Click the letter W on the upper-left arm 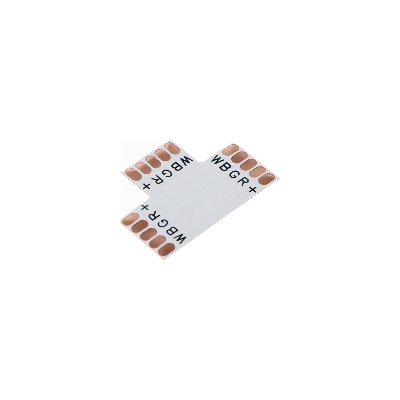pyautogui.click(x=187, y=161)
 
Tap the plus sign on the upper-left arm pyautogui.click(x=147, y=186)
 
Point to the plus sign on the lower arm pyautogui.click(x=145, y=208)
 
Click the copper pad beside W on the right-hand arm pyautogui.click(x=230, y=150)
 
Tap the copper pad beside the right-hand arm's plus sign pyautogui.click(x=266, y=178)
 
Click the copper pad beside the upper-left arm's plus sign pyautogui.click(x=133, y=174)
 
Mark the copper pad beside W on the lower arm pyautogui.click(x=166, y=250)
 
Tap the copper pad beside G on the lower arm pyautogui.click(x=148, y=234)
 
